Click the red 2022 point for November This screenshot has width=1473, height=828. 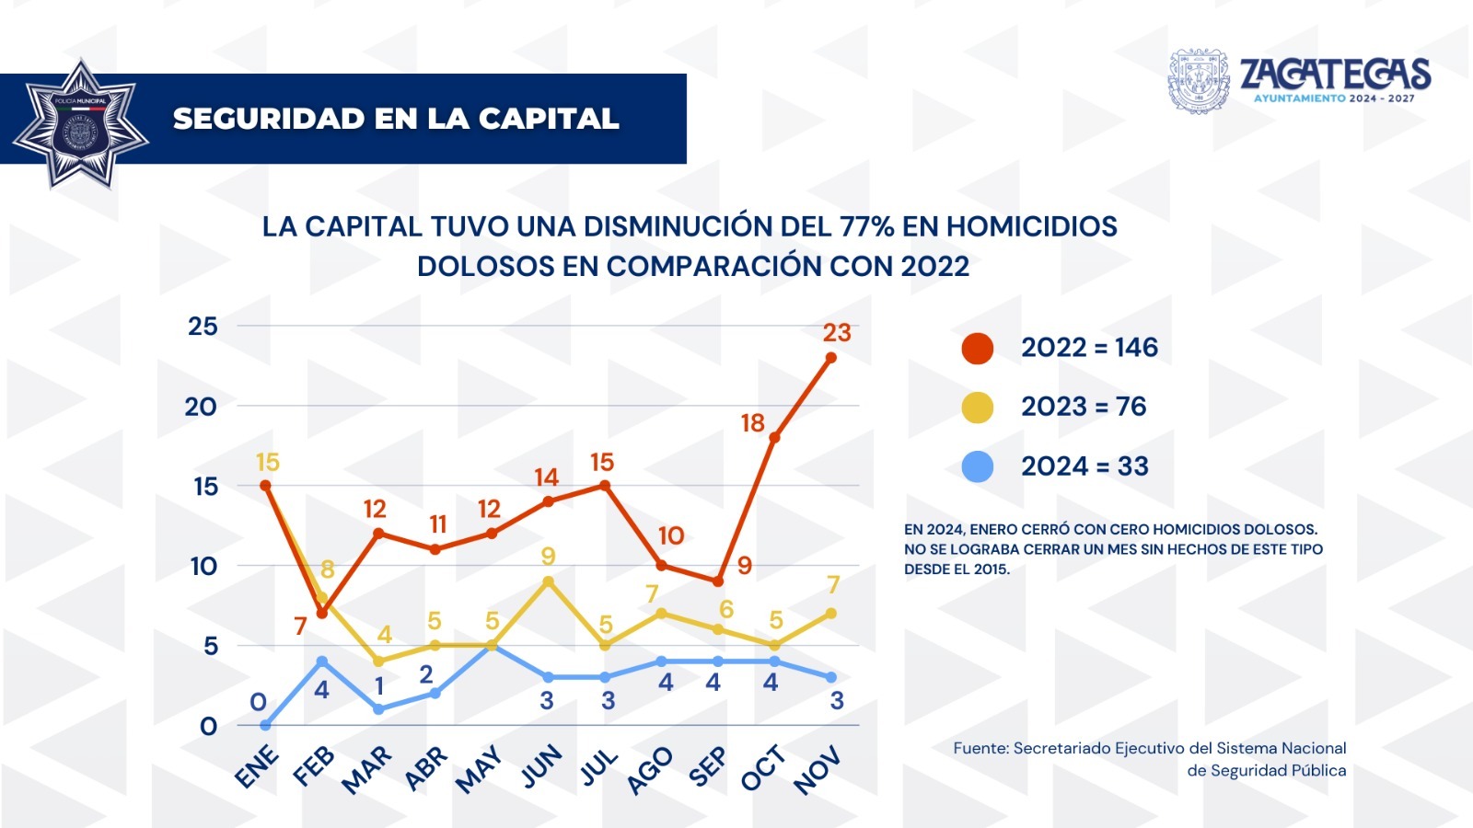(x=830, y=358)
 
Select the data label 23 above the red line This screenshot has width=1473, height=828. (x=837, y=332)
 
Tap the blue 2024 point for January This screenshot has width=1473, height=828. (x=265, y=725)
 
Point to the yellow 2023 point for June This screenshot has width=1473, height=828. (x=548, y=581)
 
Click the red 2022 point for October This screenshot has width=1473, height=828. (x=774, y=437)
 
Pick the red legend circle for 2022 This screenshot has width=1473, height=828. (x=977, y=349)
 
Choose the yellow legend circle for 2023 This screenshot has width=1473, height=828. (x=977, y=408)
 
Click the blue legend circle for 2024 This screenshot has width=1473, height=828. (x=977, y=466)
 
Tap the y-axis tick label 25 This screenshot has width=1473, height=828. (x=203, y=327)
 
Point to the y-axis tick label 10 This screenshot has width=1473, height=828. (x=203, y=566)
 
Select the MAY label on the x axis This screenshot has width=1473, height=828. (x=480, y=769)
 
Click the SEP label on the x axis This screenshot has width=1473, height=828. (x=707, y=767)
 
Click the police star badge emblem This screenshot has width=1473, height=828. (x=80, y=125)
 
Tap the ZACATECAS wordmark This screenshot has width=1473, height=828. (x=1335, y=74)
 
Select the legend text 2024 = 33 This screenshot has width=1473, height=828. (x=1084, y=466)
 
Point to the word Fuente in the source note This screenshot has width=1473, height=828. (x=980, y=749)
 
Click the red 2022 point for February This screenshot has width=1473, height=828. (x=322, y=613)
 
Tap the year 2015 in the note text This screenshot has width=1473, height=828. (x=991, y=569)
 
